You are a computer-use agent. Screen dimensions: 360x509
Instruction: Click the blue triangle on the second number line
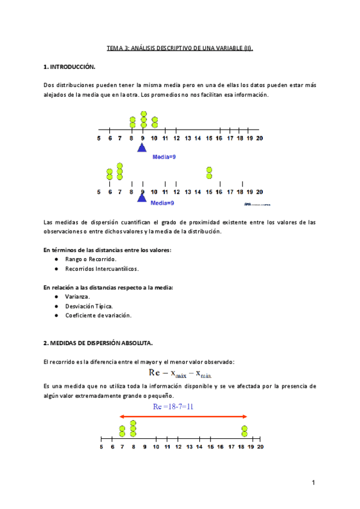(142, 197)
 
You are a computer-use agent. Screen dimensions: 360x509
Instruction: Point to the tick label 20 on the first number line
(259, 139)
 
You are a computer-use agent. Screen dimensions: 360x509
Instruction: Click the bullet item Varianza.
(78, 297)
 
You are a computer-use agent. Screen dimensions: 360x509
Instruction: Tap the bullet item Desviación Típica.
(89, 306)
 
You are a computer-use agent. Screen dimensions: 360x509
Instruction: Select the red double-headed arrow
(183, 416)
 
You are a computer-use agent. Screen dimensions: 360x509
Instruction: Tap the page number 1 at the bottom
(314, 483)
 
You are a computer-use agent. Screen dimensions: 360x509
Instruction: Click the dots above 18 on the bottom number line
(245, 430)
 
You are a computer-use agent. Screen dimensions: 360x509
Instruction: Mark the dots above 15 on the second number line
(209, 173)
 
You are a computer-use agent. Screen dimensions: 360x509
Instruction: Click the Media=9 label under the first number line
(163, 157)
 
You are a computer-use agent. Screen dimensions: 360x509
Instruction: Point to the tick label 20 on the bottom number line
(260, 447)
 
